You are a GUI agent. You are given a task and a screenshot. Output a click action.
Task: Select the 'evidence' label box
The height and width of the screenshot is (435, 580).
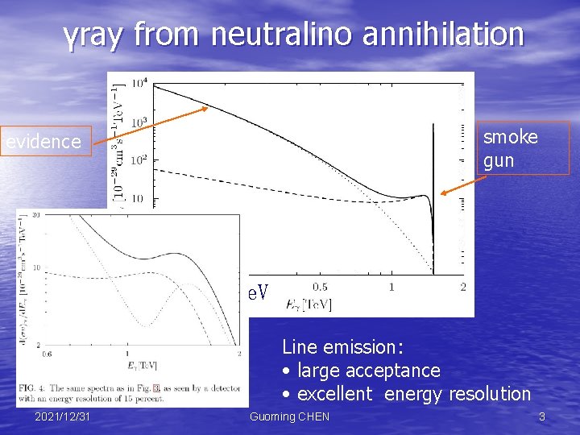click(x=44, y=142)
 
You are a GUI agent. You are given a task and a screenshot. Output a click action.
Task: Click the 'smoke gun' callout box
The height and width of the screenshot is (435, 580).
click(x=522, y=148)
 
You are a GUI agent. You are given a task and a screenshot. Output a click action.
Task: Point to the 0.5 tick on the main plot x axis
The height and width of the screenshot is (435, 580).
click(x=320, y=288)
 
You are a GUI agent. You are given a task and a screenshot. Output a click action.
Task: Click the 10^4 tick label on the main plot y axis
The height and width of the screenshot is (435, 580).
click(x=139, y=84)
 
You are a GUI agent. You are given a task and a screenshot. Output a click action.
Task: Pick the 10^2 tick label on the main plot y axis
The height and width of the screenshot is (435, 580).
click(x=139, y=159)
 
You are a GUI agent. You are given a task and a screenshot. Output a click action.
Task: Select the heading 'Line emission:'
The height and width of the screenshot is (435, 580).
click(x=342, y=347)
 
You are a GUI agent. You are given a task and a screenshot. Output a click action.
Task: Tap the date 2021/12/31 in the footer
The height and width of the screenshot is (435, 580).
click(x=63, y=416)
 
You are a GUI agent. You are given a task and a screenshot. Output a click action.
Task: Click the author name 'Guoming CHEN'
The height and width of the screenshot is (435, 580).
click(x=289, y=416)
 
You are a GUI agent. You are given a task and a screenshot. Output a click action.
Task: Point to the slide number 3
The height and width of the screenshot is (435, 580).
click(x=542, y=416)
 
